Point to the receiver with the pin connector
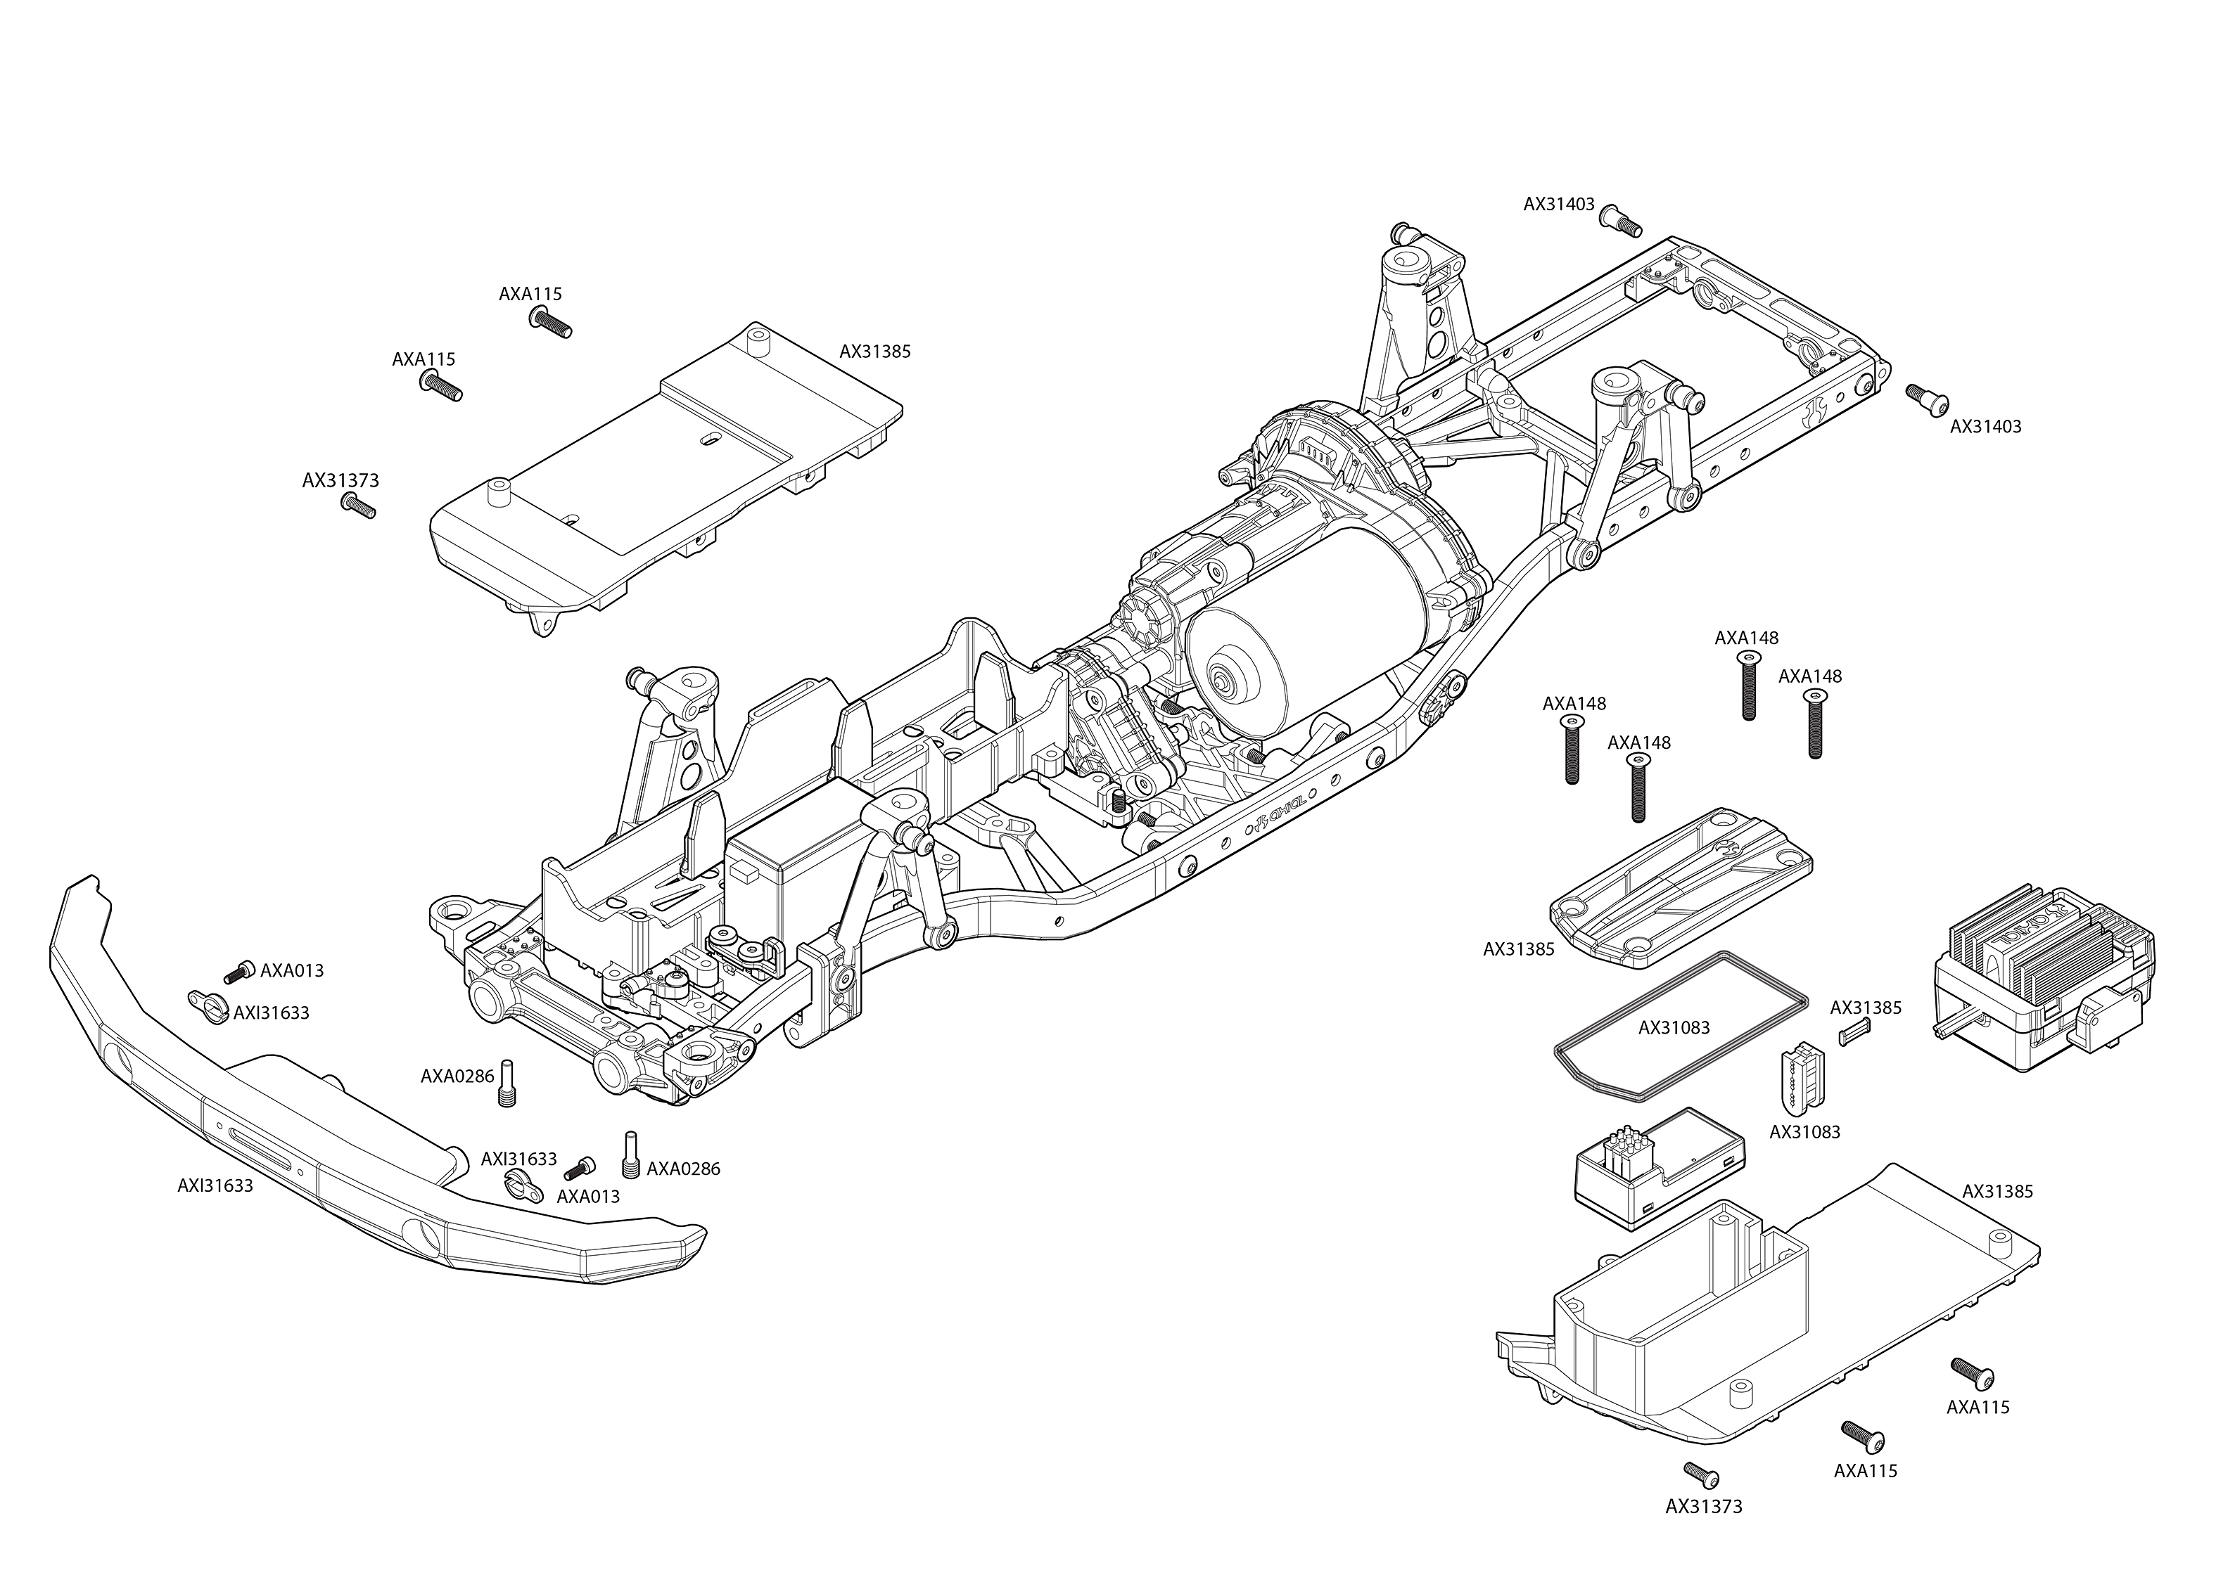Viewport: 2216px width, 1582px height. point(1657,1169)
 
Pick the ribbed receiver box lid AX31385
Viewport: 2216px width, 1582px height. point(1681,887)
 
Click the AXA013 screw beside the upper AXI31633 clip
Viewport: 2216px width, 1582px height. point(238,971)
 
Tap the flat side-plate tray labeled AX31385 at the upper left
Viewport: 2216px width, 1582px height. point(663,468)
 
